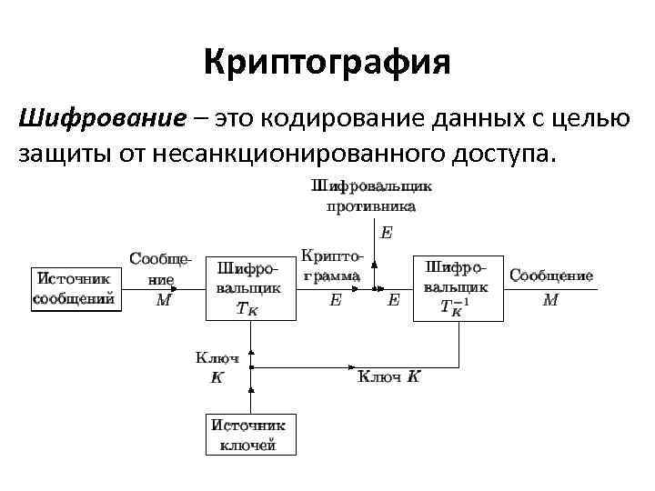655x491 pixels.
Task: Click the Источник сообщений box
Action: (x=75, y=288)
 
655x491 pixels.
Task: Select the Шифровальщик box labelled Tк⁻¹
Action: (x=458, y=288)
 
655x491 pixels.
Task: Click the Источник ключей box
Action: (x=248, y=434)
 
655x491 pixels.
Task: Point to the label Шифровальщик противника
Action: (x=371, y=195)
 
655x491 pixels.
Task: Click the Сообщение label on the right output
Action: (x=551, y=275)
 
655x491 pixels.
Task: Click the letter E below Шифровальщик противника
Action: (x=387, y=233)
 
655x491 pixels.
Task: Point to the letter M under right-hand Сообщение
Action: (x=550, y=299)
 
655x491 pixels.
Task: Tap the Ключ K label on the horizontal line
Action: (x=388, y=376)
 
